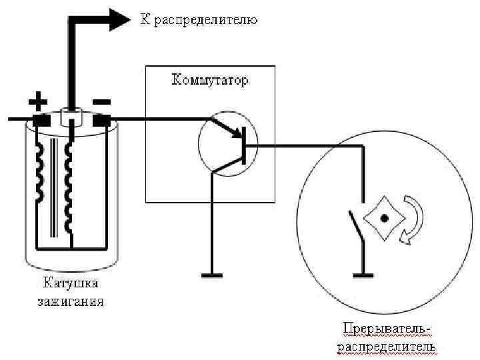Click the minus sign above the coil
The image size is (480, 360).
pos(101,102)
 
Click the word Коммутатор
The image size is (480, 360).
pos(210,81)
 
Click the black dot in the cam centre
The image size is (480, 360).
pos(384,217)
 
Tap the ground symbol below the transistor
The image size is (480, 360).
pos(213,273)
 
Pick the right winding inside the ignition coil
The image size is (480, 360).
pos(68,187)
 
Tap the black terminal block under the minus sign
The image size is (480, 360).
pos(101,122)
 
